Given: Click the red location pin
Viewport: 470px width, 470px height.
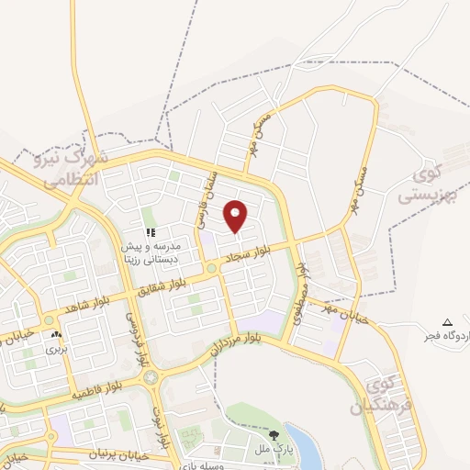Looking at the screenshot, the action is pyautogui.click(x=236, y=216).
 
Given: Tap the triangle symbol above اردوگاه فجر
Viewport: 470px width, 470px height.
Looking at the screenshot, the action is pyautogui.click(x=447, y=321).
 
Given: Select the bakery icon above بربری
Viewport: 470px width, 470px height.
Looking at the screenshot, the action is pyautogui.click(x=57, y=336).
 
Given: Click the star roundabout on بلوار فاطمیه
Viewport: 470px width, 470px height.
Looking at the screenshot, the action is pyautogui.click(x=151, y=376).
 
